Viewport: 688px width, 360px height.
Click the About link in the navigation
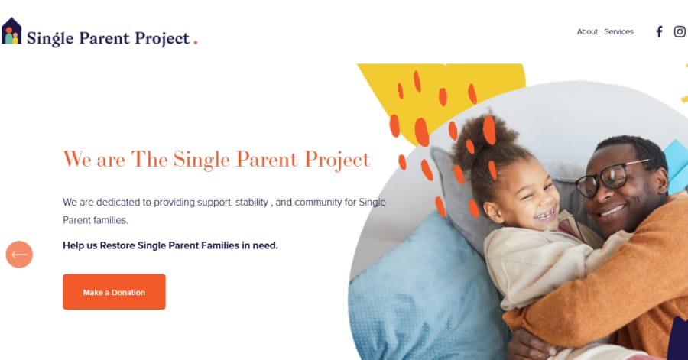pos(587,32)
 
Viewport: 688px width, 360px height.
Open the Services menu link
pos(618,32)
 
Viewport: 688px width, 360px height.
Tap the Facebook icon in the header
pos(659,32)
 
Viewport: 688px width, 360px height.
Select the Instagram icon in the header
pos(680,32)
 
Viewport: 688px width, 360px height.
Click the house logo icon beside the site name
pos(11,31)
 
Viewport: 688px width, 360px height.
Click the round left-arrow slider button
pos(19,255)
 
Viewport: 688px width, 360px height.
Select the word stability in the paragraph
pos(247,203)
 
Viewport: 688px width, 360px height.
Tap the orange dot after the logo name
pos(196,43)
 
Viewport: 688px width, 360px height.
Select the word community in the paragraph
pos(317,203)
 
